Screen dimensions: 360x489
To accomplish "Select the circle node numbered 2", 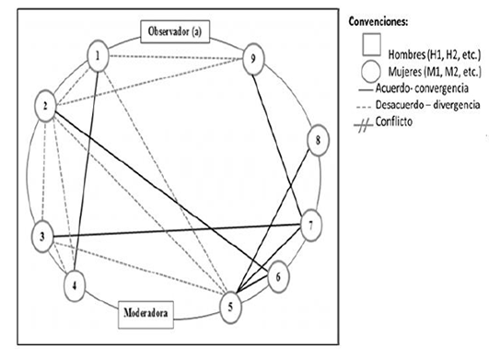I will pos(44,108).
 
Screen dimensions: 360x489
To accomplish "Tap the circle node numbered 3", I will pos(42,238).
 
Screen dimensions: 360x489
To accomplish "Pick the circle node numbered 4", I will pos(76,284).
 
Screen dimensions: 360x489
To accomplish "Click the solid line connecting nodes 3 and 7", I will pos(175,231).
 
